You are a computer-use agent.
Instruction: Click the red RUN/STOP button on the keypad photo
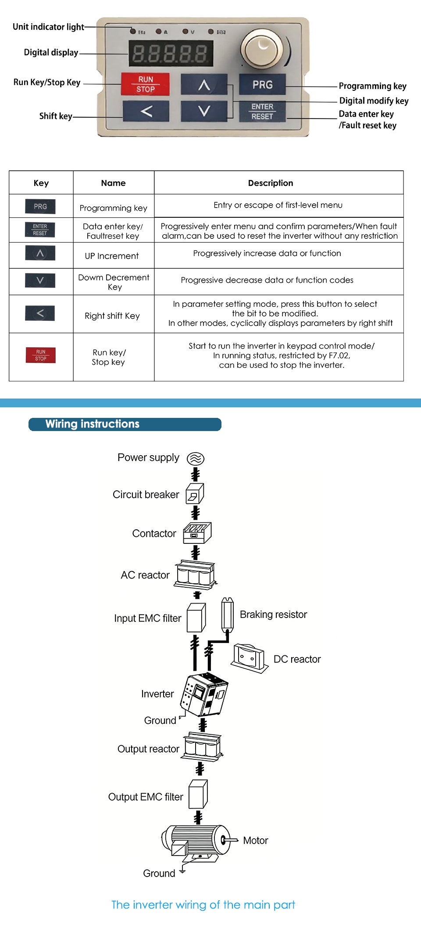(x=145, y=84)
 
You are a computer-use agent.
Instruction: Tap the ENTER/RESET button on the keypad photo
(x=262, y=111)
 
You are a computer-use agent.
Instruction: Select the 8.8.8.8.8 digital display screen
(x=171, y=54)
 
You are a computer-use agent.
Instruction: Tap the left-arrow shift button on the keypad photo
(x=146, y=111)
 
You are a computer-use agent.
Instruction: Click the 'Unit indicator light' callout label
(x=48, y=27)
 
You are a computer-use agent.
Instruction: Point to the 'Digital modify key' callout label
(x=374, y=101)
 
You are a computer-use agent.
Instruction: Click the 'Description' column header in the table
(x=271, y=183)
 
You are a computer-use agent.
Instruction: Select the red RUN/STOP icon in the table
(x=41, y=355)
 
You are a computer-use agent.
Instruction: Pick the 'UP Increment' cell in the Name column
(x=112, y=256)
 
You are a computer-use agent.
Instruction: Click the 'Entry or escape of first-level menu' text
(x=278, y=205)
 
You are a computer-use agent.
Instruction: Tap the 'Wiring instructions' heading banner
(x=125, y=424)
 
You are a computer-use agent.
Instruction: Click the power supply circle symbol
(x=196, y=459)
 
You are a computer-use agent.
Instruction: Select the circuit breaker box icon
(x=195, y=494)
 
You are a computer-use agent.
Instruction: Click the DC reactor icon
(x=250, y=658)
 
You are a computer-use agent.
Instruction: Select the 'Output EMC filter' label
(x=146, y=797)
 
